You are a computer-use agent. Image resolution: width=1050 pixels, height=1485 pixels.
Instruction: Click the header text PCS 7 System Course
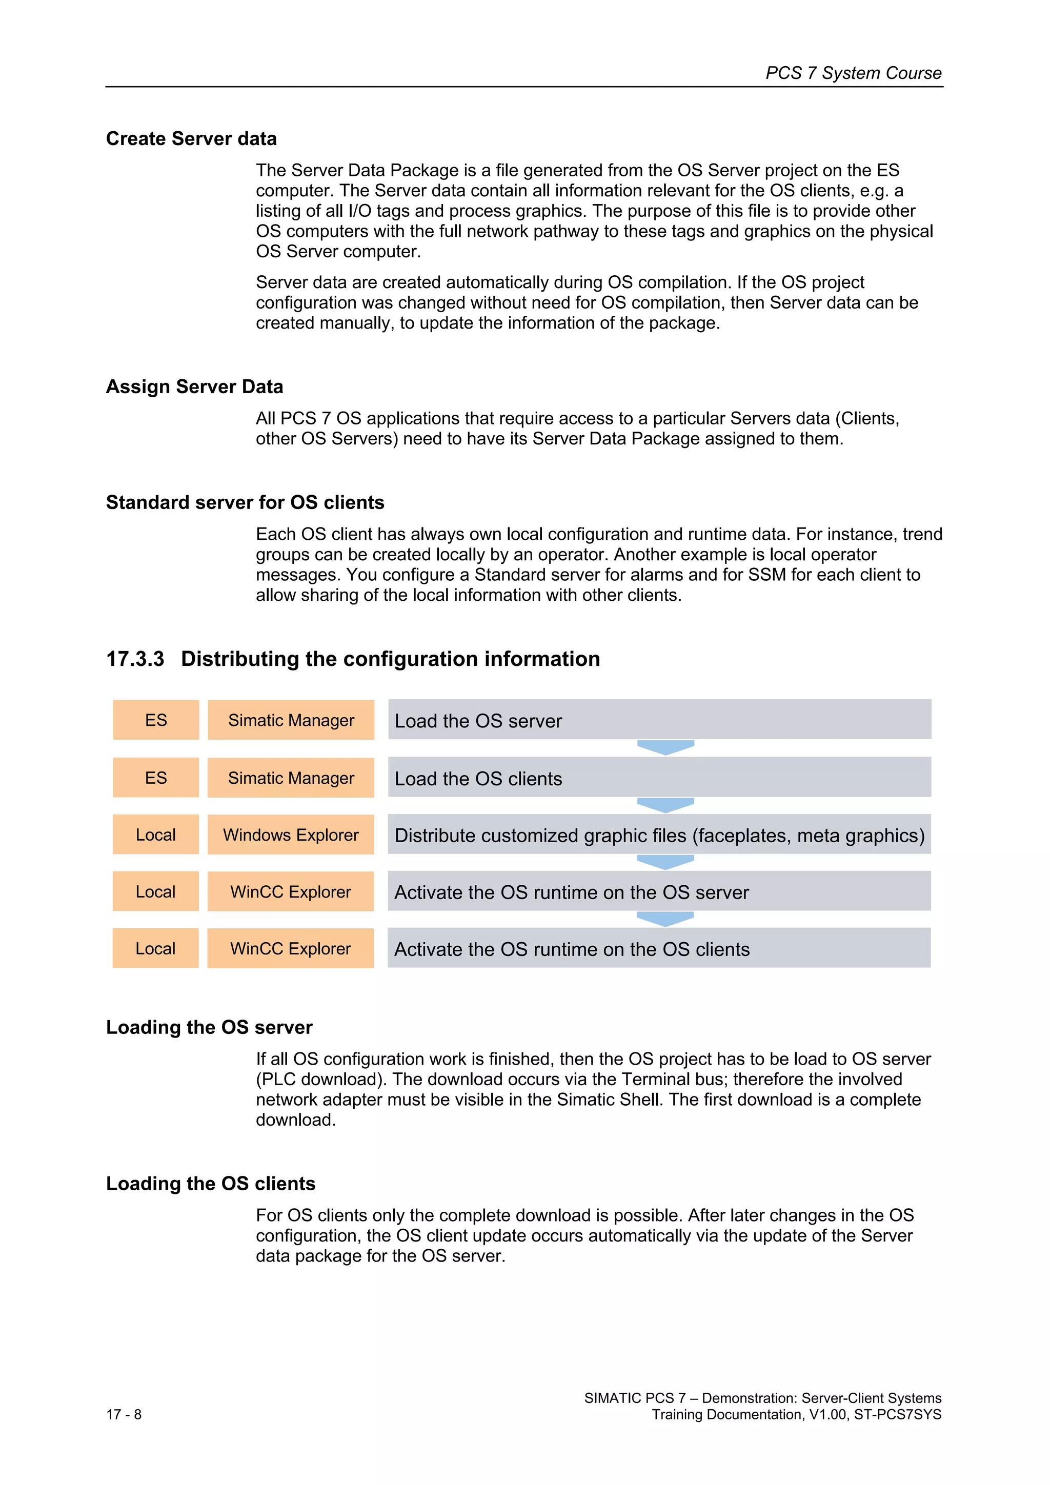[853, 73]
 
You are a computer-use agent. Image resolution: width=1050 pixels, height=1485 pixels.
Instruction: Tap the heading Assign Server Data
[194, 387]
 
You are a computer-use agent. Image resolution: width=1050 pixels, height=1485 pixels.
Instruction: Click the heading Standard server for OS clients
[245, 502]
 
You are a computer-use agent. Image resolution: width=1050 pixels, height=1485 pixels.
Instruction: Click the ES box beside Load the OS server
[156, 720]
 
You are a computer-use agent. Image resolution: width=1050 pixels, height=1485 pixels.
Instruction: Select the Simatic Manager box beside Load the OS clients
[291, 778]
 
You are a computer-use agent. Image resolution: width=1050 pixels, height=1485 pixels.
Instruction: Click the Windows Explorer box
[291, 835]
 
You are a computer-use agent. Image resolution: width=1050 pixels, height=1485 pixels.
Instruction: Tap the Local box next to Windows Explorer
[156, 835]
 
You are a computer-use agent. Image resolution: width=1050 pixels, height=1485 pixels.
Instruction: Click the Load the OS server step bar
[659, 720]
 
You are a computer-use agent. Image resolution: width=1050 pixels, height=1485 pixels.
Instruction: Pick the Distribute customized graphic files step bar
[659, 835]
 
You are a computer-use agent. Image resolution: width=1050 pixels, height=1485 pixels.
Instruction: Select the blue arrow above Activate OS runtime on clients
[665, 919]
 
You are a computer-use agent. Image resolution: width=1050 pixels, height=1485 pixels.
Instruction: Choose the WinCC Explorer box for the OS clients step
[291, 948]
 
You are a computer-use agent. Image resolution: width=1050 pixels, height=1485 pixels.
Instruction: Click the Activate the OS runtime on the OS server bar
[659, 891]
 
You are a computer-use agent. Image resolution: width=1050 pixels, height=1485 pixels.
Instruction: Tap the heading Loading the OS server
[209, 1027]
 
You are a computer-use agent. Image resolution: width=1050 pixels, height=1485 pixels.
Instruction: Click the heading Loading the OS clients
[210, 1184]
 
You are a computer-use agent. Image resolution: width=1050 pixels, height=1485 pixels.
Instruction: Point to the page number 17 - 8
[124, 1414]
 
